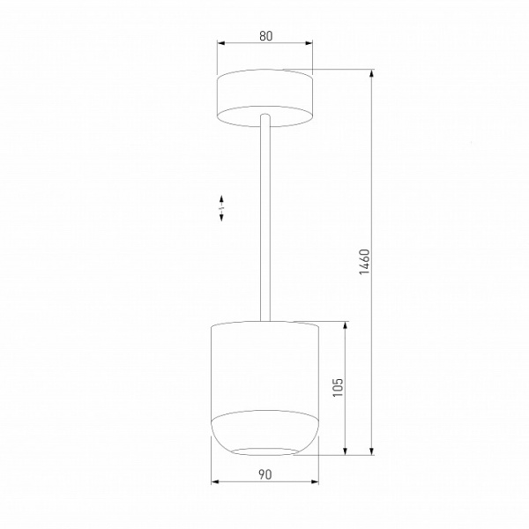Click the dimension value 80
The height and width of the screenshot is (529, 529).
[265, 36]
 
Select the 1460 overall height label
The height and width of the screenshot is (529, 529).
[364, 263]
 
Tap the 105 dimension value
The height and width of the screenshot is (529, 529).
[338, 388]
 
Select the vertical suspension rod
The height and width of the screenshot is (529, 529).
[264, 220]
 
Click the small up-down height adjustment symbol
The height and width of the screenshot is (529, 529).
[222, 209]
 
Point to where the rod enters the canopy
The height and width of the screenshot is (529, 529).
[264, 115]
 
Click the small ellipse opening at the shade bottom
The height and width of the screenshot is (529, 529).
[264, 451]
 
